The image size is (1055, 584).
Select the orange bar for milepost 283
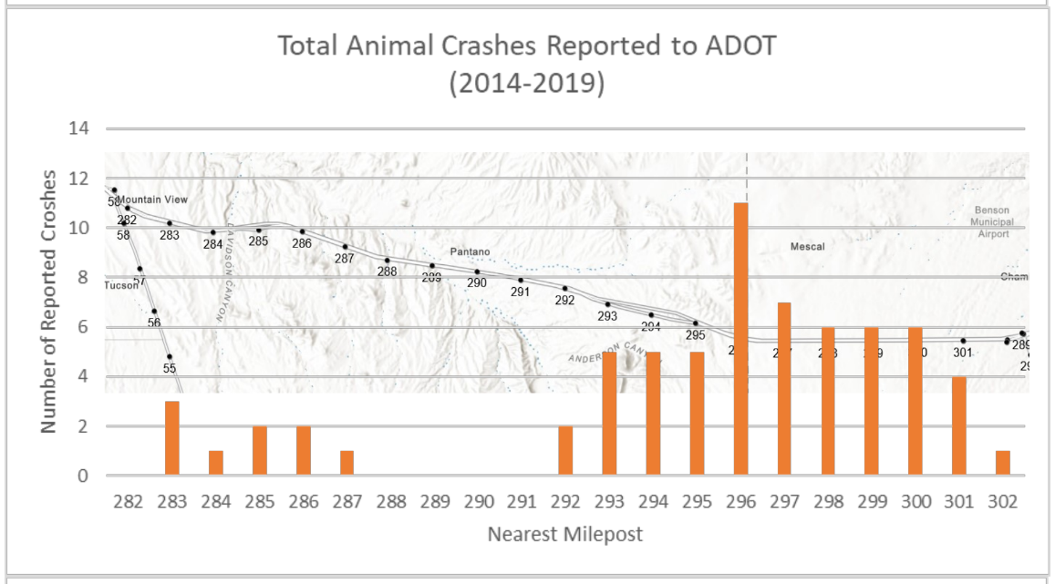pyautogui.click(x=171, y=438)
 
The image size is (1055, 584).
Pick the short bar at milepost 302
pyautogui.click(x=1003, y=463)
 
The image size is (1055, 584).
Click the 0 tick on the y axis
pyautogui.click(x=83, y=476)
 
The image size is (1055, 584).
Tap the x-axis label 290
pyautogui.click(x=478, y=500)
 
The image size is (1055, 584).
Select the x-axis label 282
pyautogui.click(x=128, y=500)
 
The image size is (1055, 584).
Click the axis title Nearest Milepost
pyautogui.click(x=564, y=534)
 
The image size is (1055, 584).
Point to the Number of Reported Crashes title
pyautogui.click(x=49, y=301)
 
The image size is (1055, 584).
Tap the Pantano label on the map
pyautogui.click(x=470, y=251)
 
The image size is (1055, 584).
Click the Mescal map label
pyautogui.click(x=807, y=247)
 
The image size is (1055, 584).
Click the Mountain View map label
pyautogui.click(x=152, y=200)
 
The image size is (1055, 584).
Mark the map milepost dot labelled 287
pyautogui.click(x=346, y=246)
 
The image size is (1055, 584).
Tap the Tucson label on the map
pyautogui.click(x=121, y=285)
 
